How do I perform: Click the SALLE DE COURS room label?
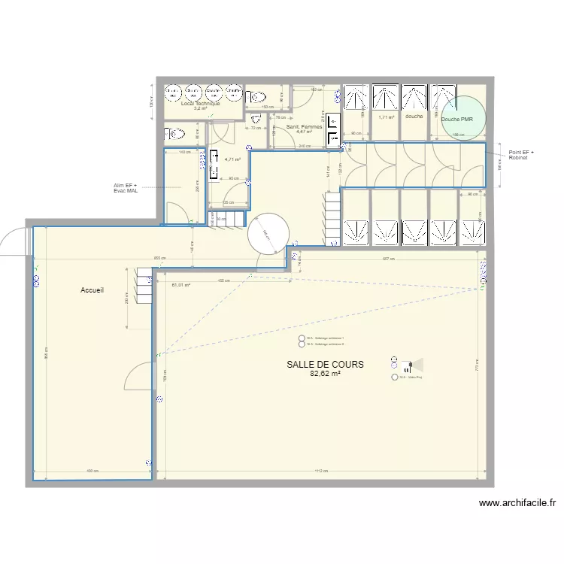click(325, 364)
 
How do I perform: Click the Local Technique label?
click(200, 104)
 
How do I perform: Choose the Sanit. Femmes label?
click(304, 127)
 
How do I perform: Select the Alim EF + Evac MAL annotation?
click(126, 188)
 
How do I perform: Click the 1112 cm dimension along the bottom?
click(321, 472)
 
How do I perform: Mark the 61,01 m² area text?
click(181, 285)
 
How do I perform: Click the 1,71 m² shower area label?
click(387, 117)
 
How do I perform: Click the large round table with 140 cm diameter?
click(268, 235)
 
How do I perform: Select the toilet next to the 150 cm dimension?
click(257, 97)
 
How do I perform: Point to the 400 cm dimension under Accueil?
click(92, 472)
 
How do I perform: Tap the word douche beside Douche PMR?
click(414, 117)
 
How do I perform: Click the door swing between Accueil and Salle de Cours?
click(140, 376)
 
